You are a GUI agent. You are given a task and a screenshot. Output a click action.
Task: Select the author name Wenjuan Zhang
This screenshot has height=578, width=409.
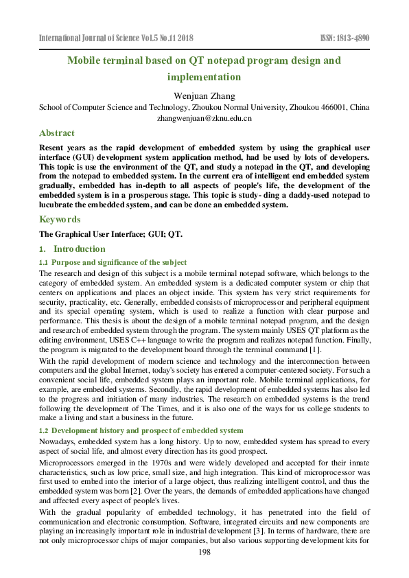click(x=204, y=95)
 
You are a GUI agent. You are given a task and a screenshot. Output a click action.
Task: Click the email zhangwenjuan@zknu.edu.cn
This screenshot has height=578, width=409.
click(x=204, y=118)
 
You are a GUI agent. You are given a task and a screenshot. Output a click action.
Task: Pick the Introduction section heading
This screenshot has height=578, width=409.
click(x=79, y=249)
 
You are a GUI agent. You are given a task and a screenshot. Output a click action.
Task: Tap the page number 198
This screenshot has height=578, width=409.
click(x=204, y=553)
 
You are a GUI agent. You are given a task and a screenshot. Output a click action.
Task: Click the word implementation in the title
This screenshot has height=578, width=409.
click(x=204, y=77)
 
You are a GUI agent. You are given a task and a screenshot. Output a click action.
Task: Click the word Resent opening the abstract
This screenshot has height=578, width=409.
click(x=54, y=147)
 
